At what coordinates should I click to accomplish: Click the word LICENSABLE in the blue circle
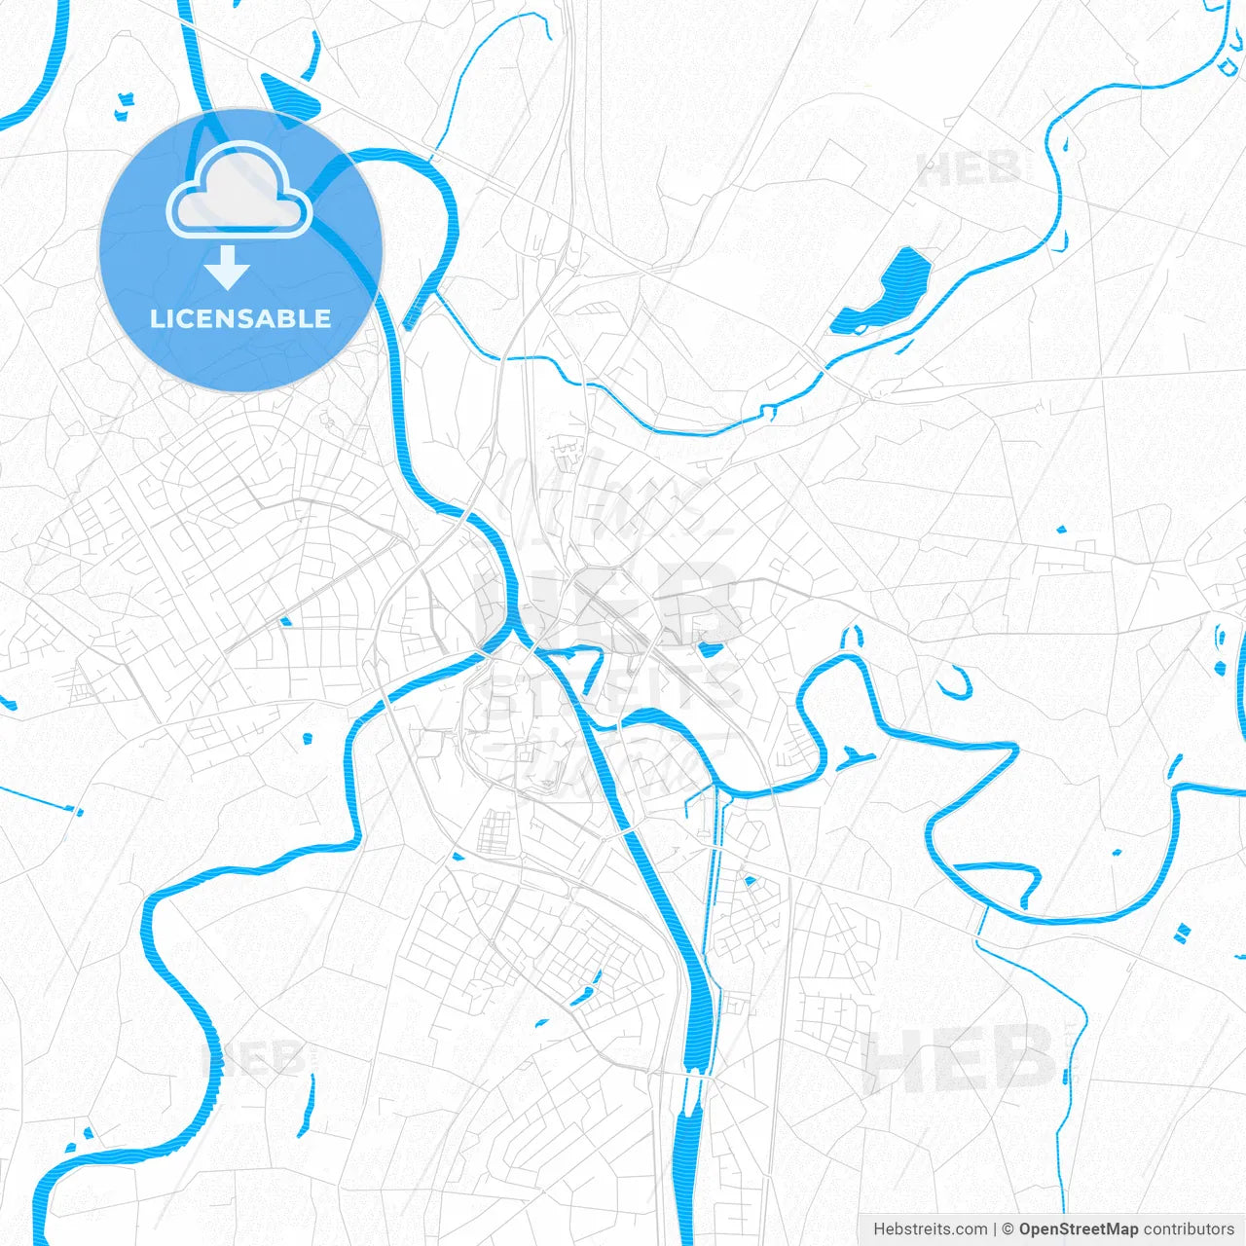click(x=240, y=318)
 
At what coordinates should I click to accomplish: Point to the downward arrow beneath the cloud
click(x=228, y=267)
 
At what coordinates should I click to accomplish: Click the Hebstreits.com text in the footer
click(x=930, y=1229)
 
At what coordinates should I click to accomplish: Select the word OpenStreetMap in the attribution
click(x=1078, y=1229)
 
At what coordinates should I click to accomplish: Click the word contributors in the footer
click(x=1189, y=1229)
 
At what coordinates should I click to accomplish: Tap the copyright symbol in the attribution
click(x=1008, y=1229)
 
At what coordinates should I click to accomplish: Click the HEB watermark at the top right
click(x=969, y=170)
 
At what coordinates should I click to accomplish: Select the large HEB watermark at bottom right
click(x=959, y=1058)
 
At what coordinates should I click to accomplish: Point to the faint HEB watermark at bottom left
click(x=255, y=1058)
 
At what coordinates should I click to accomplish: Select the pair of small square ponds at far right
click(x=1182, y=933)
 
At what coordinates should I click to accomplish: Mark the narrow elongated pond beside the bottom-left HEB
click(x=310, y=1105)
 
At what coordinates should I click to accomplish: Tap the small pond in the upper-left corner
click(x=124, y=105)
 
